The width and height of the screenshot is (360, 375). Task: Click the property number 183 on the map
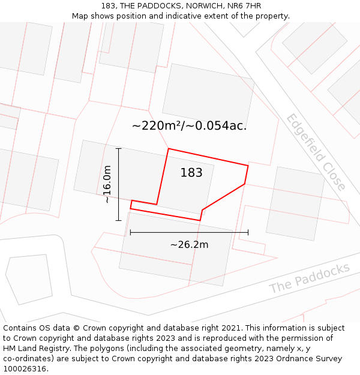191,173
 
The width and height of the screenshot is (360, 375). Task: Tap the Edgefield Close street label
316,152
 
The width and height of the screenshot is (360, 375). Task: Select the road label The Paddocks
309,278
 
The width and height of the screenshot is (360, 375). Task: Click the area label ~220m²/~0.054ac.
189,126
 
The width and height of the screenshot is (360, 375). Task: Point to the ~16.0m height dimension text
107,184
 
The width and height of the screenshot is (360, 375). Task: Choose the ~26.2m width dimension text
189,244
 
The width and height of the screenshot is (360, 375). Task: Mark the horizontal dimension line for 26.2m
189,232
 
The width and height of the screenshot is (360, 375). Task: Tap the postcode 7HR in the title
252,6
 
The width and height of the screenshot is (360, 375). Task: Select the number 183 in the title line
108,6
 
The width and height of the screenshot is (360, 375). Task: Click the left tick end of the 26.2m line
130,232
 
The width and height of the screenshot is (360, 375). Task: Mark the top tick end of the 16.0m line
119,148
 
